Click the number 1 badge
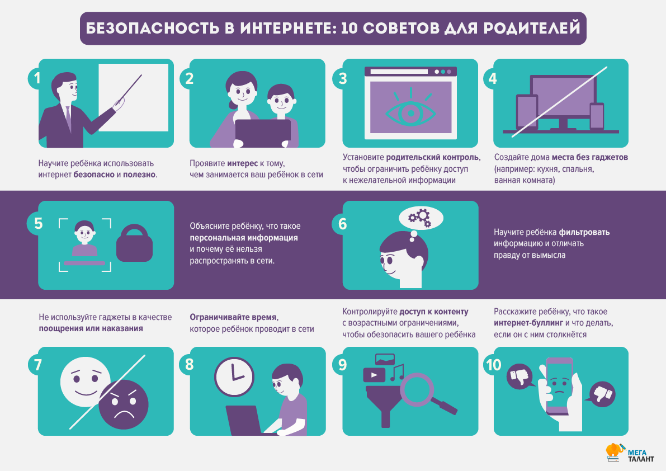37,78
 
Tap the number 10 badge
493,365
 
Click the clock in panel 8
234,376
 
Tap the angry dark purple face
124,404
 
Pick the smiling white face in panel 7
86,382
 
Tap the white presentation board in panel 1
134,97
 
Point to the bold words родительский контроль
432,157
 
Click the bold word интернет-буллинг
528,323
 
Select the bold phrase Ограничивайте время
233,317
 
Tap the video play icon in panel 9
374,375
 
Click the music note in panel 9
396,373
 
